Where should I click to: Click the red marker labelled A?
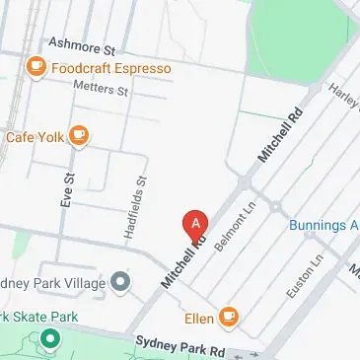pos(195,224)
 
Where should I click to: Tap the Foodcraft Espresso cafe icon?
pos(36,67)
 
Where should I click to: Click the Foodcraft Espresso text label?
pos(110,68)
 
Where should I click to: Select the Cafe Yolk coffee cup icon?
pos(78,135)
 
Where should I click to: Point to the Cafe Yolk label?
pos(34,136)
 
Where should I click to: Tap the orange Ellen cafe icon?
pos(229,317)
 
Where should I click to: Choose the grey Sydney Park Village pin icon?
pos(120,284)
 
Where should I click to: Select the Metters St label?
pos(102,89)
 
